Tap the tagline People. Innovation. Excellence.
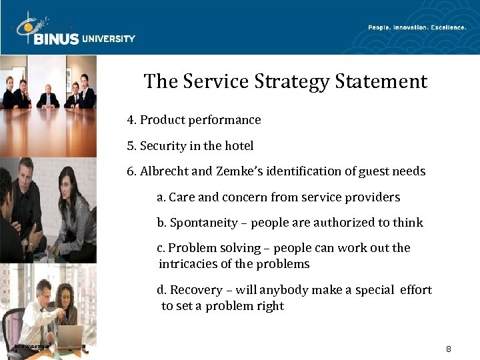tap(417, 27)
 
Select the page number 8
tap(449, 349)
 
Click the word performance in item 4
tap(224, 120)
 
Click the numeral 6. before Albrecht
tap(131, 171)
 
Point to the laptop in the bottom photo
tap(69, 336)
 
